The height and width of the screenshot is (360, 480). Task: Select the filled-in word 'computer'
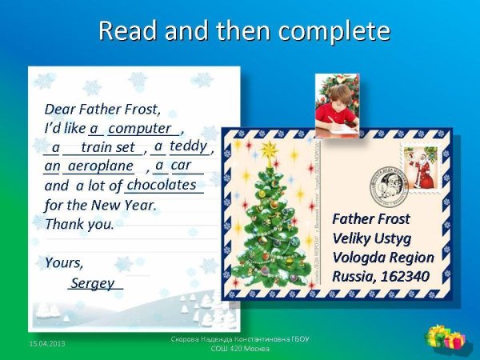tap(141, 128)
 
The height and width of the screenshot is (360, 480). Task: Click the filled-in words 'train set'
tap(108, 147)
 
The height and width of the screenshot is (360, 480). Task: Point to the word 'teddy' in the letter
tap(188, 146)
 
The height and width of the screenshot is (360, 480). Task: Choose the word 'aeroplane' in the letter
tap(100, 166)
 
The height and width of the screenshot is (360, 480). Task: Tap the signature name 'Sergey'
tap(92, 283)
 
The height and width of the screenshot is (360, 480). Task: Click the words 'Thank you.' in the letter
tap(79, 224)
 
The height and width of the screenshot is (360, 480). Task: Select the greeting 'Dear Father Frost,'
tap(102, 109)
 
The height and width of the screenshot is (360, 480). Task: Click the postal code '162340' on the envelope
tap(405, 276)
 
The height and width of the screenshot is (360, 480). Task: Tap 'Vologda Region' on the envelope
tap(382, 257)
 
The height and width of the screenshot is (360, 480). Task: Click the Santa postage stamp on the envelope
tap(420, 167)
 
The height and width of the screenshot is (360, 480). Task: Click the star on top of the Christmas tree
tap(269, 149)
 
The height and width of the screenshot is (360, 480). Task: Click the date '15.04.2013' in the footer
tap(47, 343)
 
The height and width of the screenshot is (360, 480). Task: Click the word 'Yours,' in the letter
tap(64, 262)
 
